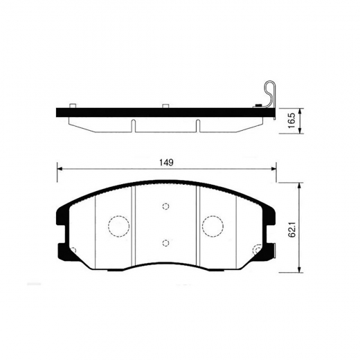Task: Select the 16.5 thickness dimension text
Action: click(291, 120)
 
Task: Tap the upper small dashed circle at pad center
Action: click(165, 206)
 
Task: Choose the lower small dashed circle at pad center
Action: click(165, 242)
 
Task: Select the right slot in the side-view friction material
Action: click(198, 125)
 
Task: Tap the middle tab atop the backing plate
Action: click(165, 106)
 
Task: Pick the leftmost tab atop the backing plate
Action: click(71, 106)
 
